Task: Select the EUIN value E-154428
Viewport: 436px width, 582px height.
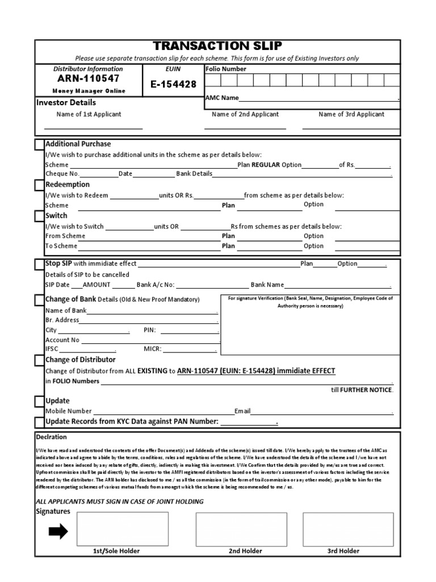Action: (173, 84)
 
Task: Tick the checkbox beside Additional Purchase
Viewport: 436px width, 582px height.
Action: (39, 145)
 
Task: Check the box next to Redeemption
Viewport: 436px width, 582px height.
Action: (39, 185)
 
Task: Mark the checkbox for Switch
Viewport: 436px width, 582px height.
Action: (39, 217)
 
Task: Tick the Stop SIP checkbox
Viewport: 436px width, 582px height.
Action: (39, 265)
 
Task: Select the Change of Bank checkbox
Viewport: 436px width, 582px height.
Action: (39, 300)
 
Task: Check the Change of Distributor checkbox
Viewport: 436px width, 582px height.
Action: (39, 360)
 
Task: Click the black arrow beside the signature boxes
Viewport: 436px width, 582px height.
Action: (58, 531)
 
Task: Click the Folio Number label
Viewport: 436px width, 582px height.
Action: (226, 69)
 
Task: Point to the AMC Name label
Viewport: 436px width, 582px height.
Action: (222, 98)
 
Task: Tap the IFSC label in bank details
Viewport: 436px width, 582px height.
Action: (52, 349)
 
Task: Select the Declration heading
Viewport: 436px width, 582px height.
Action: (51, 437)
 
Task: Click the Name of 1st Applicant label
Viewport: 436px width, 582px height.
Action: (89, 114)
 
